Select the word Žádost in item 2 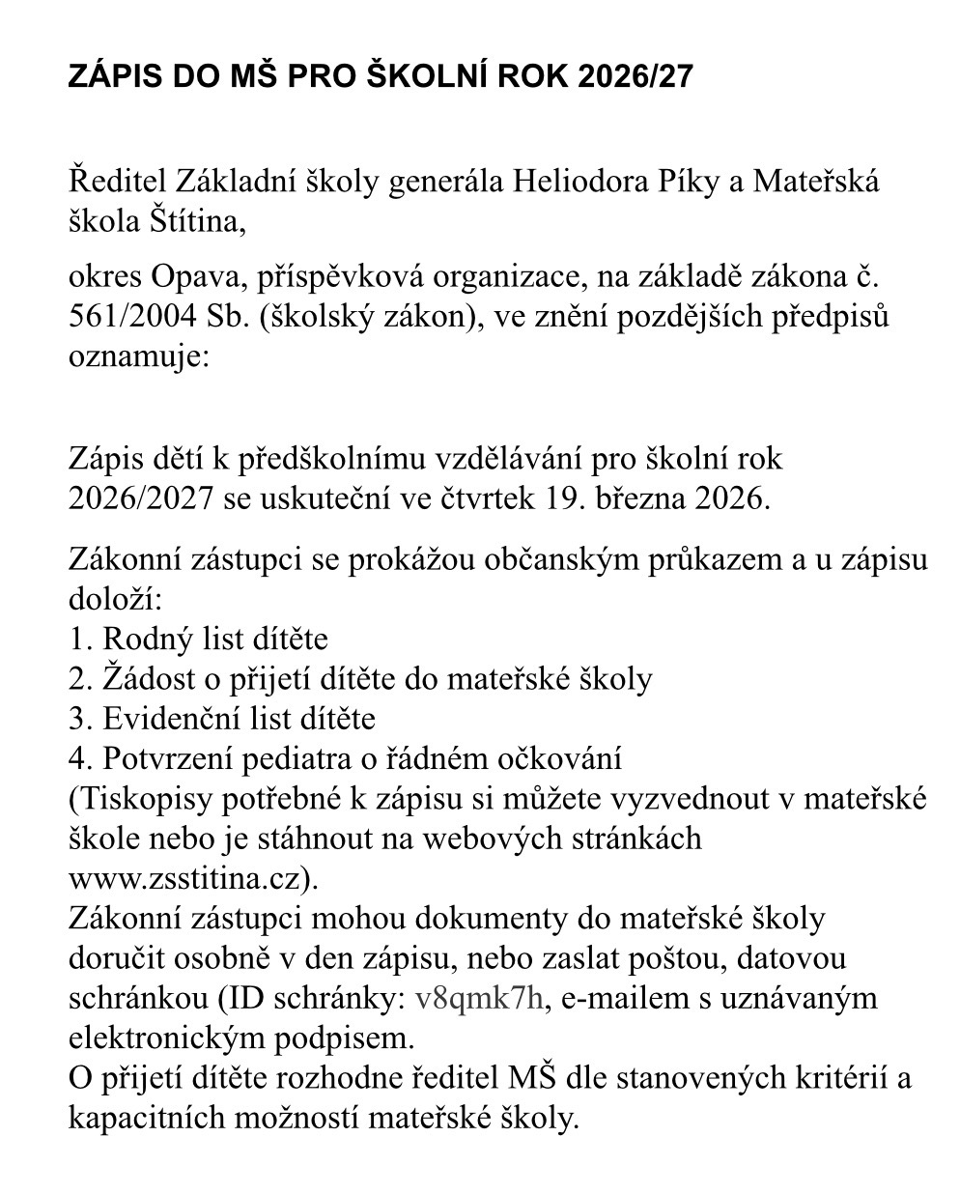(146, 679)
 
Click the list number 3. (76, 719)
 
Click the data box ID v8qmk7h (480, 998)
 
